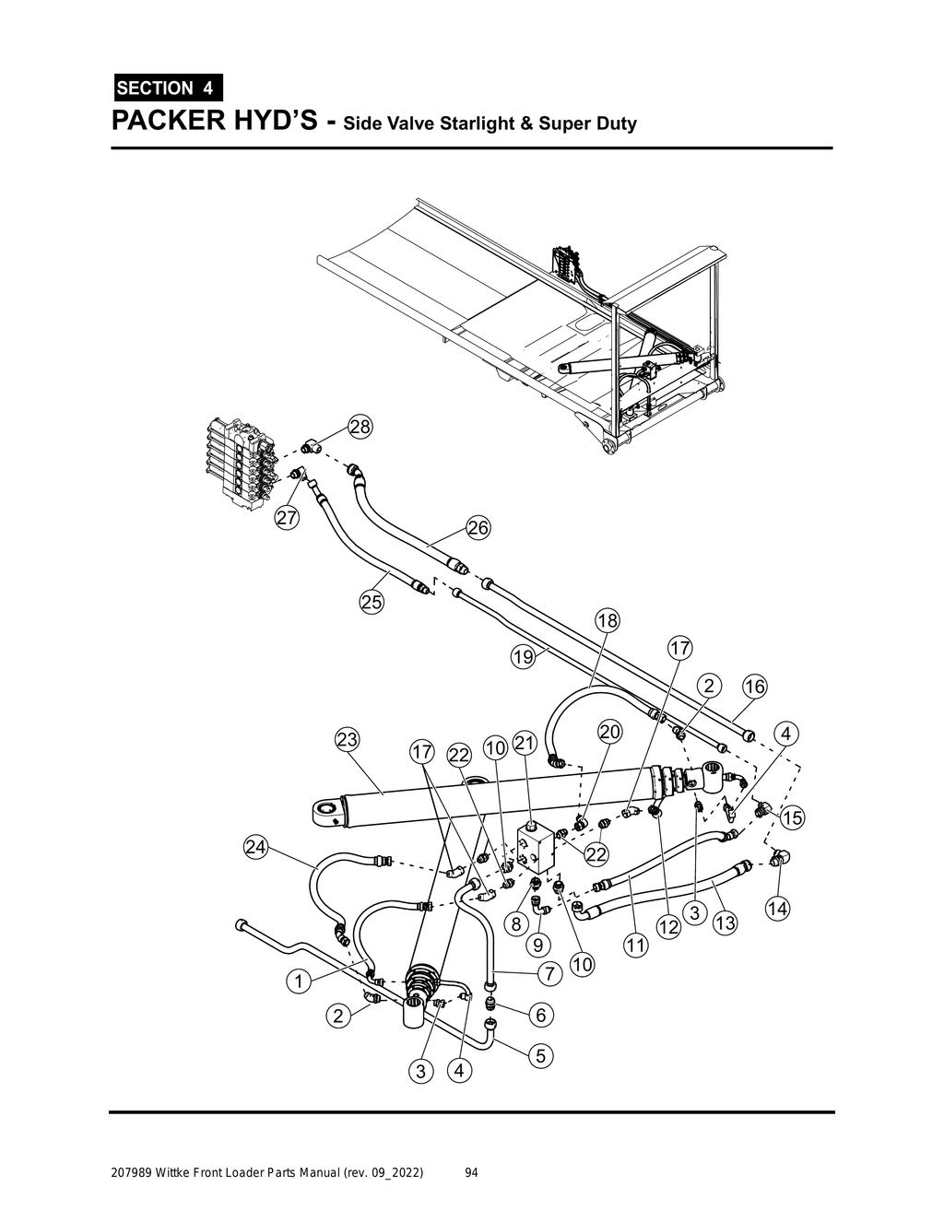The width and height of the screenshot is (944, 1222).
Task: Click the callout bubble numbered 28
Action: coord(360,427)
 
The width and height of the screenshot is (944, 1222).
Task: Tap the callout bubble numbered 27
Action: coord(288,518)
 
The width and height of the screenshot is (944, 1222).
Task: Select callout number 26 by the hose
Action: coord(478,528)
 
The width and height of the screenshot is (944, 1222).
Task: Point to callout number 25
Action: coord(372,602)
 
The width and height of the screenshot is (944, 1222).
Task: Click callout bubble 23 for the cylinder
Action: coord(348,740)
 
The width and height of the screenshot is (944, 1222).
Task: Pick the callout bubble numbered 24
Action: coord(256,847)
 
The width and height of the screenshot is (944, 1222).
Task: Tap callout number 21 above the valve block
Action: coord(525,742)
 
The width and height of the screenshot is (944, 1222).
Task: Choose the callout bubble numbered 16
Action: coord(754,687)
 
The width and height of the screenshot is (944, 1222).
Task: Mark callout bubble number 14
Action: coord(777,909)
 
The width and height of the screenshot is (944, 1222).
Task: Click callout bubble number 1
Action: coord(298,981)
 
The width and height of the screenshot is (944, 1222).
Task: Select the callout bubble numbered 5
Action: coord(540,1055)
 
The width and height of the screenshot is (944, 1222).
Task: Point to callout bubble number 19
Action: coord(523,657)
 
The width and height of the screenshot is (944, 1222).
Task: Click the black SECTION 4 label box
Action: coord(166,88)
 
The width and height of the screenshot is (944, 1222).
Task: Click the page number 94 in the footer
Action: coord(471,1173)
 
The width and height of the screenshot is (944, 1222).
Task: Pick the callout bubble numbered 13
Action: coord(726,922)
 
